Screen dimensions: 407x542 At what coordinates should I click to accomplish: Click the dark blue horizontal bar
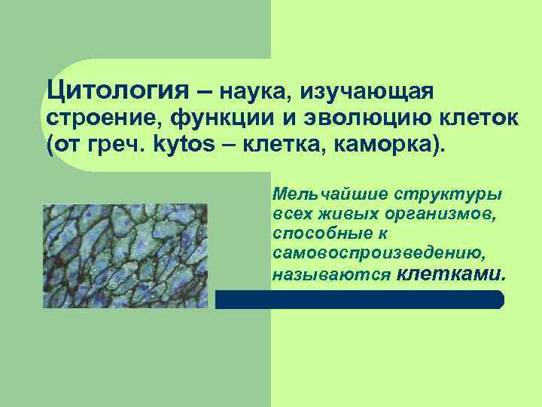360,299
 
